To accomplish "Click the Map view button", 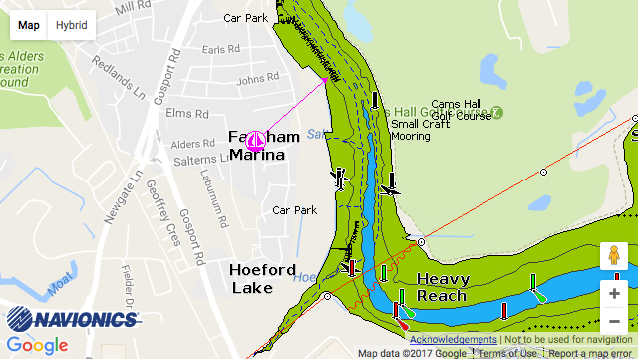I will (x=29, y=25).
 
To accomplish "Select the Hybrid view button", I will (x=71, y=25).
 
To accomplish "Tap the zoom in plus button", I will (x=614, y=294).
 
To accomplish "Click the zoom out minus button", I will (x=614, y=322).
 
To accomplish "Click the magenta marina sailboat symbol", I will (x=254, y=141).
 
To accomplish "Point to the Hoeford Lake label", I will (x=262, y=278).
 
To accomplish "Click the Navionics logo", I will (x=72, y=319).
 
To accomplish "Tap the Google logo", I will (x=37, y=345).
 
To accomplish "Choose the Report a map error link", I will (x=591, y=353).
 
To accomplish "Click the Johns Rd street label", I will (x=258, y=79).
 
